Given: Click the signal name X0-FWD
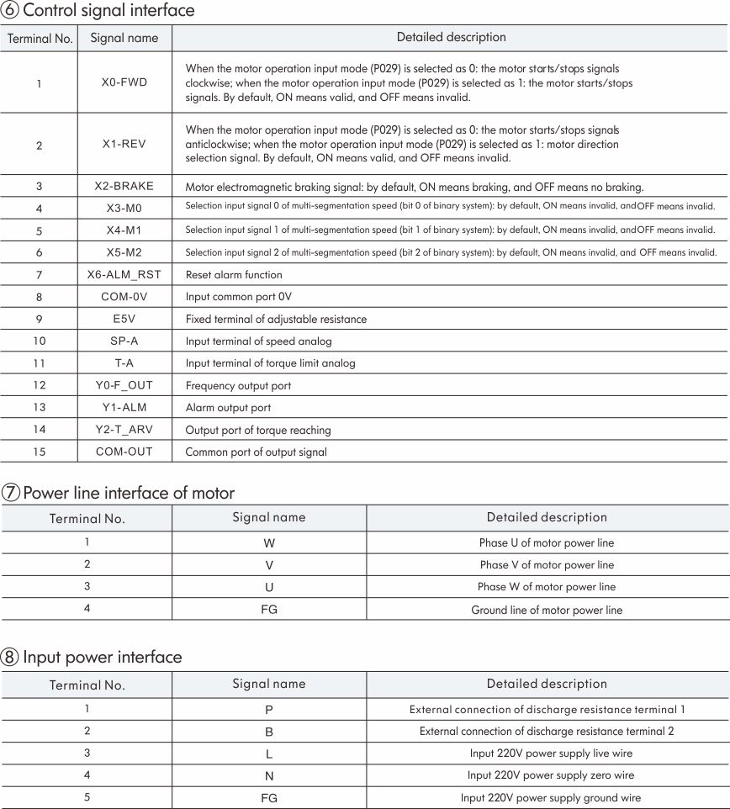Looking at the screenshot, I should [124, 82].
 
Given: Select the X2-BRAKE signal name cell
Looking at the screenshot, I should [124, 186].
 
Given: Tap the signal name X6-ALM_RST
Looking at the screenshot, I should [124, 274].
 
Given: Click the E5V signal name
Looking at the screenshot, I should [124, 319].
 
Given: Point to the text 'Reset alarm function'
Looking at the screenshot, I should [234, 275].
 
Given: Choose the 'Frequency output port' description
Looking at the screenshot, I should [238, 386].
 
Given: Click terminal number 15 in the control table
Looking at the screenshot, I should [39, 452].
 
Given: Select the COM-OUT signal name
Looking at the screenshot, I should [124, 452].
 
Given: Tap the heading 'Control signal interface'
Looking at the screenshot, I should [108, 11].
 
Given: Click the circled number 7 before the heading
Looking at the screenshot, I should [11, 493].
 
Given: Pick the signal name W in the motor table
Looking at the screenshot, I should [269, 543].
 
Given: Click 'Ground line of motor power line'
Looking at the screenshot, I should [547, 610].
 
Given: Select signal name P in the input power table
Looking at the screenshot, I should [269, 710].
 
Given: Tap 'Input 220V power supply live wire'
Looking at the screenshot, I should [551, 753].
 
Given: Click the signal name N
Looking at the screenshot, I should [269, 776].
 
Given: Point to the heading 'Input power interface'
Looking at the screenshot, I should [102, 657].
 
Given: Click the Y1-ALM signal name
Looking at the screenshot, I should [124, 408].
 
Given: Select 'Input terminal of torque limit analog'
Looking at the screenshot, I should [270, 363].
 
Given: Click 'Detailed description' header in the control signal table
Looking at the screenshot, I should [451, 37].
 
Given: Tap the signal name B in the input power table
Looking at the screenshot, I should [269, 732].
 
